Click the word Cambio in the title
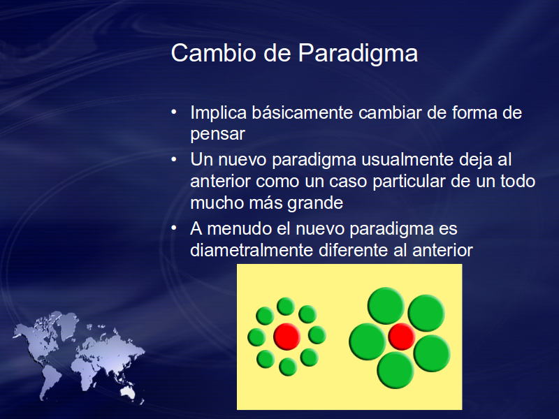214,53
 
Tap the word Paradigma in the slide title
358,54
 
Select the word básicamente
303,112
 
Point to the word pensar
217,135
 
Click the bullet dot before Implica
174,112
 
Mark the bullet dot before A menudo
174,228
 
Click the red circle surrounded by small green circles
287,337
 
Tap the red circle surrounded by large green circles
401,337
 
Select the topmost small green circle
286,307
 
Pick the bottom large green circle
395,370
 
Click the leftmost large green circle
368,341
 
